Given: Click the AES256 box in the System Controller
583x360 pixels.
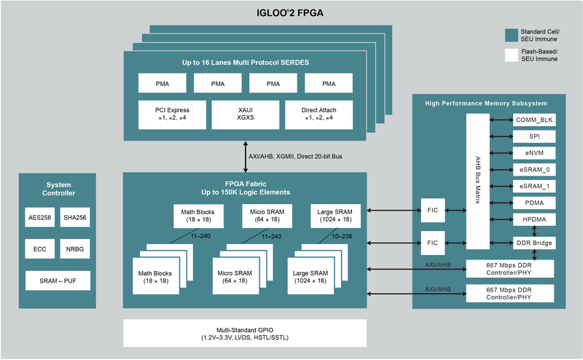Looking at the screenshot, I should [39, 217].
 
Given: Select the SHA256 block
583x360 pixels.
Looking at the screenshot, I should [74, 217].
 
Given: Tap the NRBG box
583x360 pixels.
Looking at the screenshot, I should [74, 249].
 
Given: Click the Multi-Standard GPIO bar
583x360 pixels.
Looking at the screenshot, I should [244, 334].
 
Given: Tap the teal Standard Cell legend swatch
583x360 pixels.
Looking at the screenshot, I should [512, 34].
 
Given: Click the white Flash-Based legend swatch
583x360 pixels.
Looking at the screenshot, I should [512, 55].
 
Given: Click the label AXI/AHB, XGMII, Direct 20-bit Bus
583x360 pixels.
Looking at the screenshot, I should [294, 156].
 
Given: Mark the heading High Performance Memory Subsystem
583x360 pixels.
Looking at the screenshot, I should [487, 103].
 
